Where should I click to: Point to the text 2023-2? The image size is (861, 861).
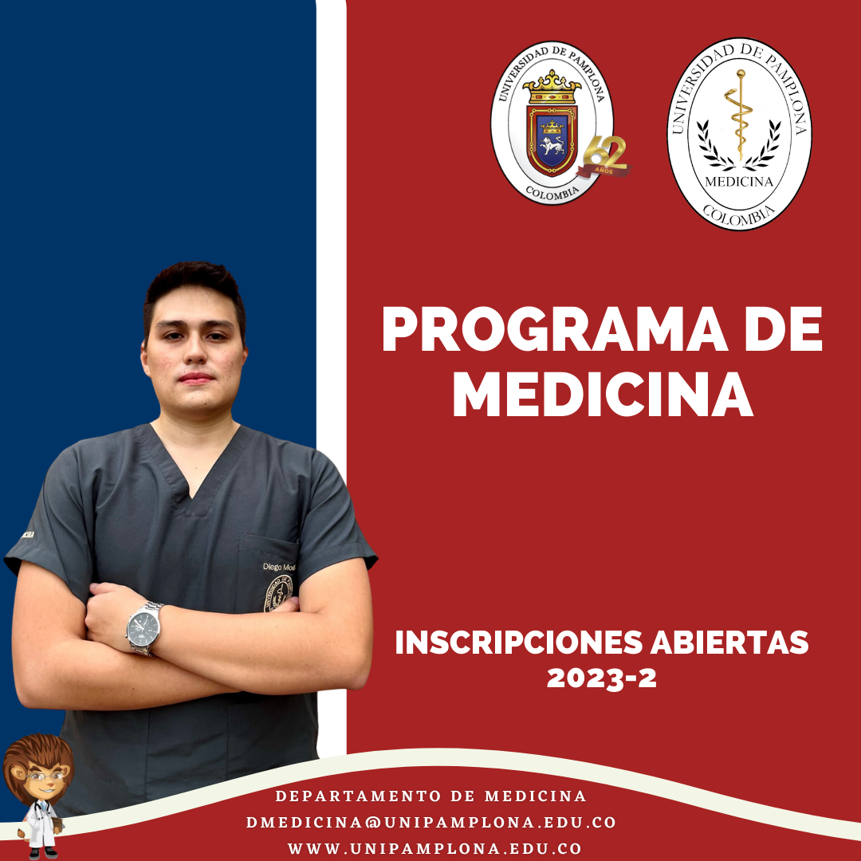click(x=602, y=678)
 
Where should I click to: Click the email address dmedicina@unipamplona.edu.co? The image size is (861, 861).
click(x=431, y=822)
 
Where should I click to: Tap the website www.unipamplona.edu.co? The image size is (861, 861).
click(x=434, y=849)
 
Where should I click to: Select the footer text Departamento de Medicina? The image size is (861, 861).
click(x=431, y=796)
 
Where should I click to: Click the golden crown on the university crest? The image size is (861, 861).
click(x=552, y=85)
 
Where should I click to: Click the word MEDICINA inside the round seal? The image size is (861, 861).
click(x=739, y=181)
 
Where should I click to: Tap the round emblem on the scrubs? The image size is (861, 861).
click(x=279, y=594)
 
